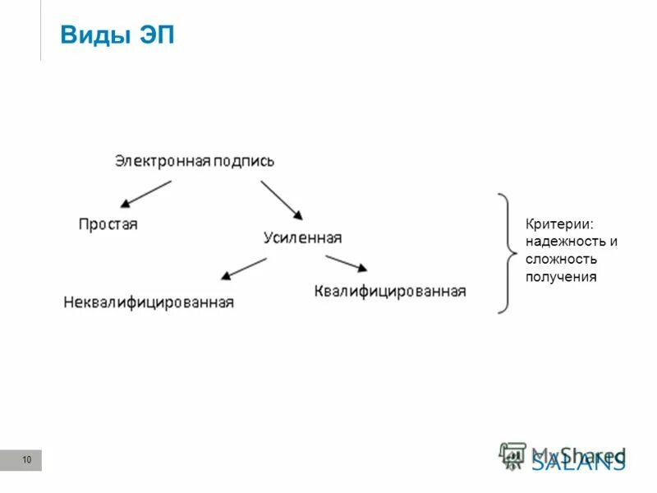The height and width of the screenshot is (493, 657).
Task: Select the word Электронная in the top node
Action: [162, 161]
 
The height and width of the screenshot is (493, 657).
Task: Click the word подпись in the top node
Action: [243, 161]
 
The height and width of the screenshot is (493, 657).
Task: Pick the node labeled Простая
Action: [108, 223]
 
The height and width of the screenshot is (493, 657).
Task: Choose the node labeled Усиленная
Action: [302, 237]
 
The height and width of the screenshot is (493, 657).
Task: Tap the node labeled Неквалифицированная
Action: [149, 302]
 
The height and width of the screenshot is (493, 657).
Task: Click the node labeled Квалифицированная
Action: [390, 291]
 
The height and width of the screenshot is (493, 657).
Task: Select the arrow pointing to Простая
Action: [145, 194]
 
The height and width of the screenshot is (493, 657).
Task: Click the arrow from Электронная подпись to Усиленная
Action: [281, 200]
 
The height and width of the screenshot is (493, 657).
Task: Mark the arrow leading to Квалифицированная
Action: [346, 263]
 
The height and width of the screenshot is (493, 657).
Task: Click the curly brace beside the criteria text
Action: [503, 253]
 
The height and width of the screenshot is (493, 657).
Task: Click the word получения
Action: [561, 277]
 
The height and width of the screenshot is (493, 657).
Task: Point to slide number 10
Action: [26, 460]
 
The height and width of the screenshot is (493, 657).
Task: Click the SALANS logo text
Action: [578, 462]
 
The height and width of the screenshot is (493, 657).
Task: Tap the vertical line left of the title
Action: [40, 30]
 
